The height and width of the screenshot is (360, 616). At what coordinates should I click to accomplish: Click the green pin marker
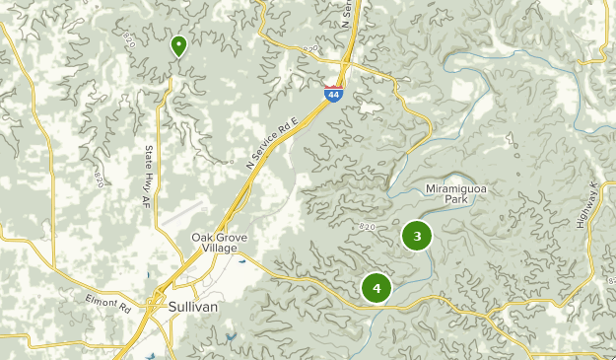click(178, 45)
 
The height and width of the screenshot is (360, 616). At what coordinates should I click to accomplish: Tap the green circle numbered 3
click(418, 236)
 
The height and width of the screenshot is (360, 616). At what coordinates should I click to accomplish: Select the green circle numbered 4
click(376, 287)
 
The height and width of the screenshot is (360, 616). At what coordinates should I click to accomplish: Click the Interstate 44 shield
click(335, 94)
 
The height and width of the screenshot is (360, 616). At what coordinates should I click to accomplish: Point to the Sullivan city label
click(193, 307)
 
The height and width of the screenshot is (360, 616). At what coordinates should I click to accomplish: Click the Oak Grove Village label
click(220, 243)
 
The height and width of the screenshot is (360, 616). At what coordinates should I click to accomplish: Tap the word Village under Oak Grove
click(220, 249)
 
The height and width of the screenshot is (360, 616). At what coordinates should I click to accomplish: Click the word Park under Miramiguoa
click(455, 198)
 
